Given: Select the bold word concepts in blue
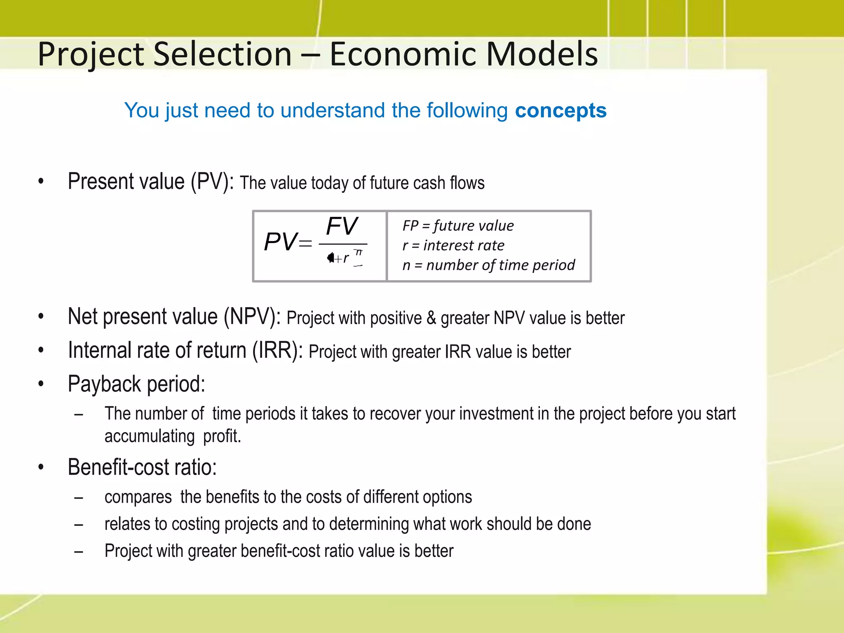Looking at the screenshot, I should pos(560,110).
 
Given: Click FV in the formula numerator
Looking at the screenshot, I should pos(342,226).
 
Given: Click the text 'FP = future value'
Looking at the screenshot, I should pos(458,226).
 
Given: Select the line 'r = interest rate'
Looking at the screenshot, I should pos(453,246).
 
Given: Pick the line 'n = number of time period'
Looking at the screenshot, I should pos(488,265).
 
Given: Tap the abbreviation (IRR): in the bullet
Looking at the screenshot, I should pos(277,351).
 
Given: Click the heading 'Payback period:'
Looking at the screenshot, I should pos(136,384).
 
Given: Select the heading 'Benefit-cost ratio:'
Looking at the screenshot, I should pos(142,467).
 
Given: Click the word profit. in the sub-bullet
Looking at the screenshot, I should pos(222,436).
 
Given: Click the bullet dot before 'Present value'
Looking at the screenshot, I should pos(41,181).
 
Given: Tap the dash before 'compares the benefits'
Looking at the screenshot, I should pos(79,498).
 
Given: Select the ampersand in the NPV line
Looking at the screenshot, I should pos(431,318).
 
